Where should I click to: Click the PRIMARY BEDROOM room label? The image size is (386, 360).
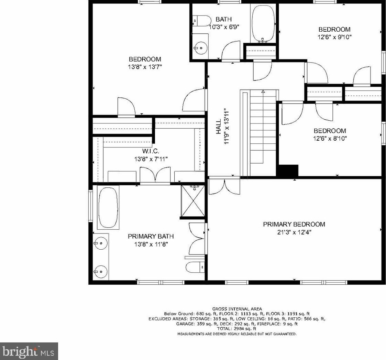(x=294, y=224)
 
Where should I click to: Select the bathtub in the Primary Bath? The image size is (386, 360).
(x=108, y=208)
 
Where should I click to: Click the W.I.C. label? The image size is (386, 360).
(x=151, y=151)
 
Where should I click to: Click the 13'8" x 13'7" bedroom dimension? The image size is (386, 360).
(x=145, y=67)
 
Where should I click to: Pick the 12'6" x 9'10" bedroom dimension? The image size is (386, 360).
(x=334, y=37)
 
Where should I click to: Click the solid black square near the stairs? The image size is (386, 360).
(x=288, y=171)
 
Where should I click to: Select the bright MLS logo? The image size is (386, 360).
(x=29, y=351)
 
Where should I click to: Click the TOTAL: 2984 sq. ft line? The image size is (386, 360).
(x=236, y=329)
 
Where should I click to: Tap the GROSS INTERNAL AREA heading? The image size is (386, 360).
(x=237, y=309)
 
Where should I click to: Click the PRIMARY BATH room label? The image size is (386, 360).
(x=151, y=236)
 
